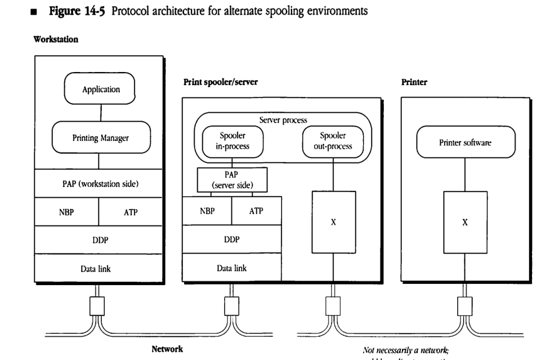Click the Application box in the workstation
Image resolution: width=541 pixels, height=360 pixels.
click(x=101, y=90)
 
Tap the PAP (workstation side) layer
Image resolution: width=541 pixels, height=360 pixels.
click(x=101, y=184)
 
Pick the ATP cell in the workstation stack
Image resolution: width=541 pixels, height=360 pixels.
click(x=131, y=213)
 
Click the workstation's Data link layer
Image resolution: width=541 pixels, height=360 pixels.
click(x=101, y=268)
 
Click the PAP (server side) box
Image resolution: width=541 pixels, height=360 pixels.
click(x=232, y=179)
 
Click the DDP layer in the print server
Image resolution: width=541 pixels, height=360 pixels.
click(x=232, y=239)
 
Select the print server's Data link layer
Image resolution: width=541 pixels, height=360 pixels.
click(x=232, y=268)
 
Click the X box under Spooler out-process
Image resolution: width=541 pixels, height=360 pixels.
click(x=333, y=222)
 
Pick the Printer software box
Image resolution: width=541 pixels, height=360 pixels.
click(x=465, y=143)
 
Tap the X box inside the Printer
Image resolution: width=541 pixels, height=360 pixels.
click(x=465, y=222)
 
